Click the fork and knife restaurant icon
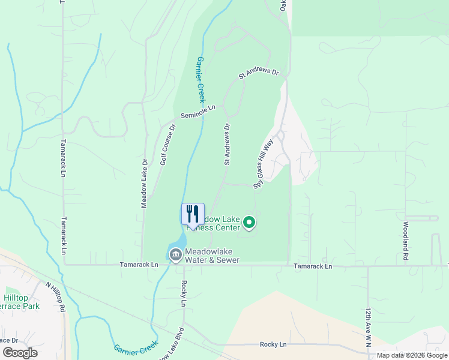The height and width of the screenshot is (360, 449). tap(193, 214)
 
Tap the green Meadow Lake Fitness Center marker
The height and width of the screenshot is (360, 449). tap(250, 224)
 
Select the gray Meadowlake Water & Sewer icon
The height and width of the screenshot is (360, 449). tap(176, 255)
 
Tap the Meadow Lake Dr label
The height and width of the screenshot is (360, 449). tap(145, 183)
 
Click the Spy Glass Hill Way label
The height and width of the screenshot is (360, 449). tap(263, 164)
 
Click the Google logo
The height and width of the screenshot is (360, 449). tap(19, 353)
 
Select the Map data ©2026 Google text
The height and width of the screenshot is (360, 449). tap(412, 355)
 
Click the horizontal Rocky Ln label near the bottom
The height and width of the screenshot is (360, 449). tap(273, 344)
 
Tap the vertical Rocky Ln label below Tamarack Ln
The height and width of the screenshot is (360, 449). tap(184, 293)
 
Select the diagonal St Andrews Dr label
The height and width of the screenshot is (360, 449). tap(259, 74)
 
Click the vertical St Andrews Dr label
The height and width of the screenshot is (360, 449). tap(228, 145)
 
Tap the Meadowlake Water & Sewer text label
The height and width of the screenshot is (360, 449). tap(212, 256)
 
